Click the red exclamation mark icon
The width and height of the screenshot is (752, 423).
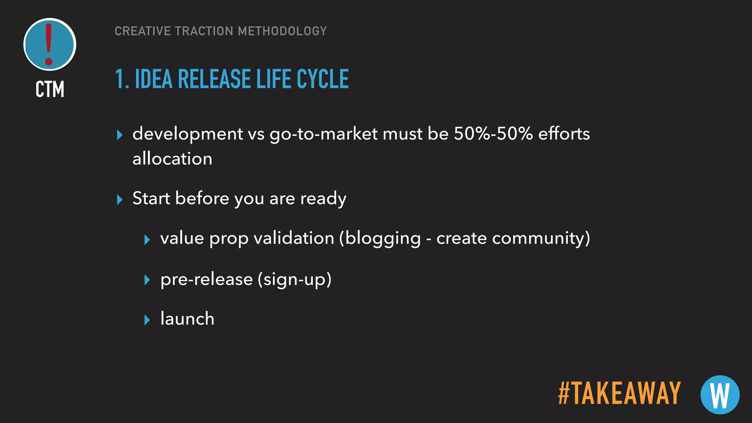point(49,44)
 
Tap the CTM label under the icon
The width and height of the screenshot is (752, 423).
point(50,89)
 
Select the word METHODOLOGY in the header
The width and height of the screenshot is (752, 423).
point(282,31)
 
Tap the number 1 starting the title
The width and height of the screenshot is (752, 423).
point(120,79)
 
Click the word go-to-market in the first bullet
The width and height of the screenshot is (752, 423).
point(323,134)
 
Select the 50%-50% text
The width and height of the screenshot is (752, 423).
point(493,134)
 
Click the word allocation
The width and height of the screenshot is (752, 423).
point(172,159)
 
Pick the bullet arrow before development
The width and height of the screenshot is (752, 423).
point(119,135)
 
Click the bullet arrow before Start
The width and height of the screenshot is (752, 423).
point(119,199)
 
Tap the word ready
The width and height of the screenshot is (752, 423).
point(323,199)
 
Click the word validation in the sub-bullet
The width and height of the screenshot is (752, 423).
point(294,238)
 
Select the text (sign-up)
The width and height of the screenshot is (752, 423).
point(294,279)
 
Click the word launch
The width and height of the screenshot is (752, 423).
point(187,318)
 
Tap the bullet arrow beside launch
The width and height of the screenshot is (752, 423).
point(147,319)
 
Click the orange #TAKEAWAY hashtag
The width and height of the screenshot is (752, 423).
point(619,393)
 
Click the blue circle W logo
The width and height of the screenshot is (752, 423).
point(720,395)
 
